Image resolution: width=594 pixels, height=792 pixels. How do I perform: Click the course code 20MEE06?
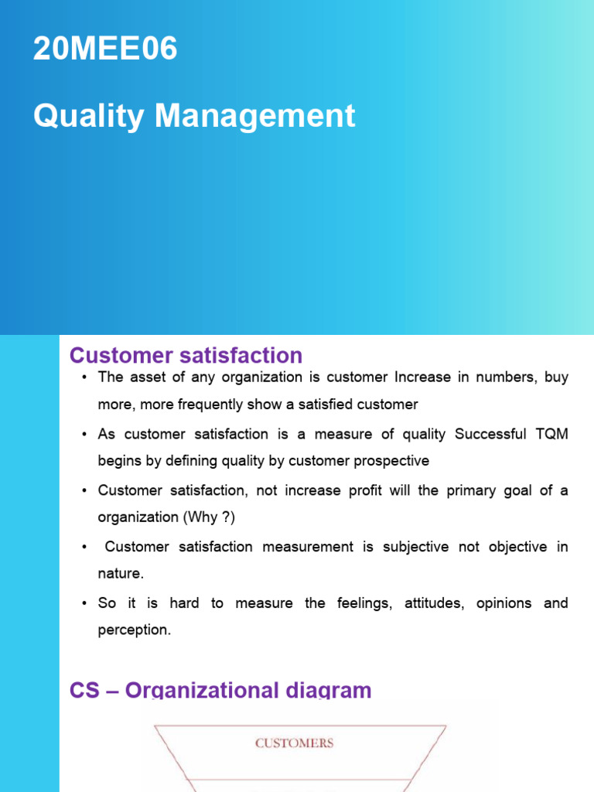point(105,49)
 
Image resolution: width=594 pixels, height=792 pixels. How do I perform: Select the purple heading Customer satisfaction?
point(186,356)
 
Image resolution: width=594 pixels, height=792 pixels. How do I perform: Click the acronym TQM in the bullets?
point(551,434)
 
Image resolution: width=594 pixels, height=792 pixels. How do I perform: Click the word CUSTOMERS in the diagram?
point(295,743)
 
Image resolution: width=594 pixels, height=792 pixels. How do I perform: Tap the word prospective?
point(391,461)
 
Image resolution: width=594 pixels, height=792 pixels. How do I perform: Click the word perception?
point(132,630)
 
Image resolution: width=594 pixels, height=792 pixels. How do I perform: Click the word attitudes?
point(435,603)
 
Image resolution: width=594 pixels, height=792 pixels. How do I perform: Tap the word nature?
point(120,574)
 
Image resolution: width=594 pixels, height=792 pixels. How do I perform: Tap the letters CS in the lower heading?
point(84,690)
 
